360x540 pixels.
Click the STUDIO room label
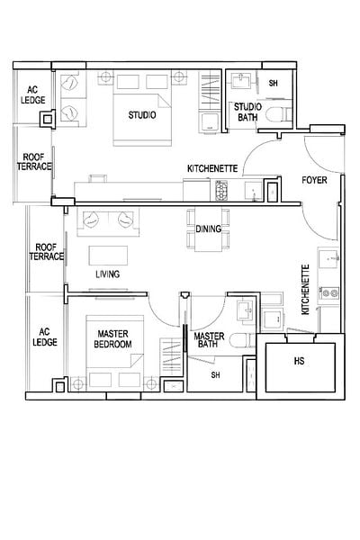pos(142,115)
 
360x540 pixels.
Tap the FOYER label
pos(314,180)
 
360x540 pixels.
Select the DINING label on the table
pos(208,229)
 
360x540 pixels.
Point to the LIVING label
pos(107,274)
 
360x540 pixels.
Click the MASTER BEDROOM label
pos(112,339)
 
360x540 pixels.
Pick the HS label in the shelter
pos(299,361)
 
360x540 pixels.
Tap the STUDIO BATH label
pos(247,112)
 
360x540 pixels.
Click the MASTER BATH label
pos(209,340)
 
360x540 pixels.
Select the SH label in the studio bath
pos(274,83)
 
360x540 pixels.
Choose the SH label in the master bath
pos(215,374)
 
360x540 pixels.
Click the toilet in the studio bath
pos(279,114)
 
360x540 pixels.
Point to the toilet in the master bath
pos(242,340)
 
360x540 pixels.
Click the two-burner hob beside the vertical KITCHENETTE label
pos(329,293)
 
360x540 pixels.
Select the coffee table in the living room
pos(108,256)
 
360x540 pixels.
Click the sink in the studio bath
pos(241,81)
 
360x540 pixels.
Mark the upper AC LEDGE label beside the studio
pos(32,95)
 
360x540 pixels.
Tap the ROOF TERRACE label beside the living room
pos(47,252)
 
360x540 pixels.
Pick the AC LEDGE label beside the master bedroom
pos(45,337)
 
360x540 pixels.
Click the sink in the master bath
pos(247,310)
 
